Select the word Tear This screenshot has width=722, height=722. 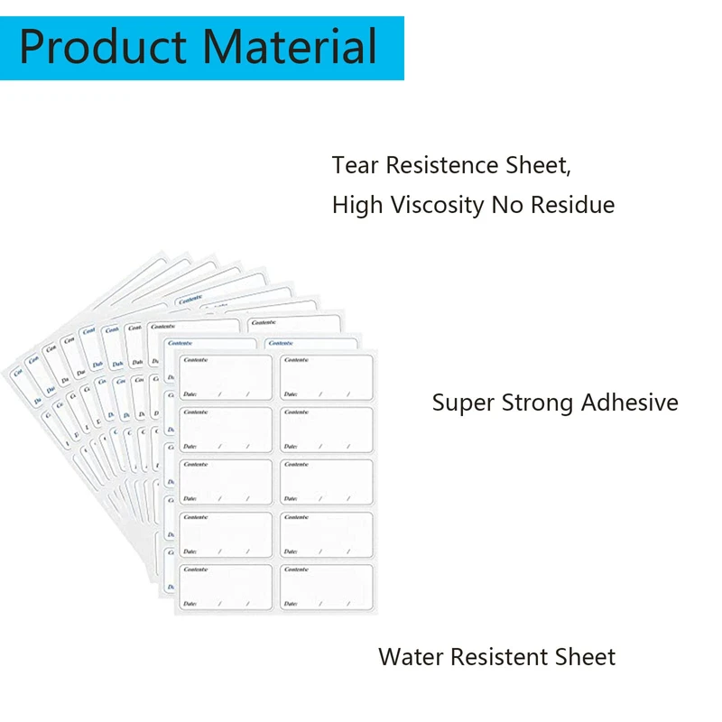[355, 166]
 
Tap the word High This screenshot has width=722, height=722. [357, 206]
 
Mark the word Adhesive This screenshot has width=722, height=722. [629, 403]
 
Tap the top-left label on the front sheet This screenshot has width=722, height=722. [226, 377]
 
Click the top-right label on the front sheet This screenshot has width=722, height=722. [326, 377]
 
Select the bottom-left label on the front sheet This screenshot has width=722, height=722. [226, 587]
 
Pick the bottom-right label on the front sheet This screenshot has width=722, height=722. [326, 587]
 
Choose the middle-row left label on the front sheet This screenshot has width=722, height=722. [226, 482]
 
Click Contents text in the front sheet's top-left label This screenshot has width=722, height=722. [196, 360]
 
